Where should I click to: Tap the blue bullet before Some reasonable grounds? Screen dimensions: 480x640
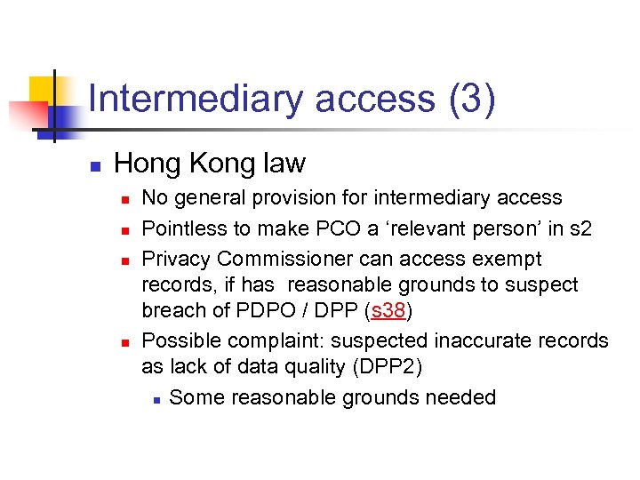tap(156, 399)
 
